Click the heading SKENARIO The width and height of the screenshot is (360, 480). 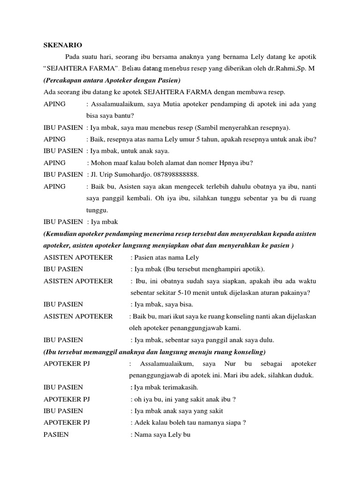pyautogui.click(x=63, y=45)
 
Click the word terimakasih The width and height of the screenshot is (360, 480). pyautogui.click(x=181, y=387)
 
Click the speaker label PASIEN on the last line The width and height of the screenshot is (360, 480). pyautogui.click(x=56, y=435)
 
